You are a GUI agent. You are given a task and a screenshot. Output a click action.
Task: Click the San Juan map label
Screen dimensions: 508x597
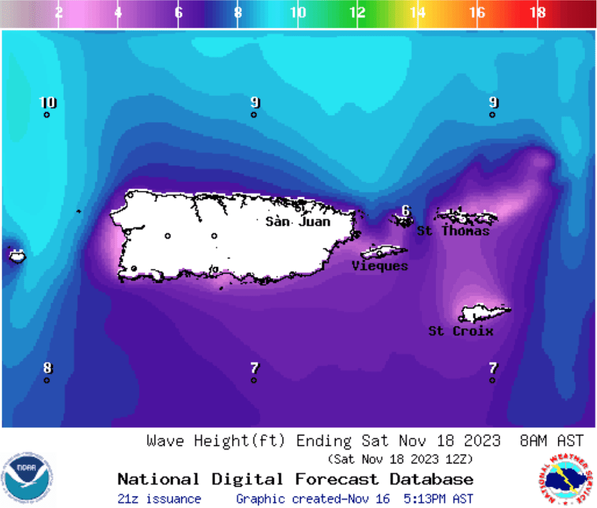(x=298, y=222)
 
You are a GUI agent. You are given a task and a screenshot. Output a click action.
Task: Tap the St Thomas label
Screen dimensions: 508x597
(x=453, y=231)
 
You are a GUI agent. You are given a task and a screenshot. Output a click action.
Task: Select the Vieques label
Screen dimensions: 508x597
(x=380, y=266)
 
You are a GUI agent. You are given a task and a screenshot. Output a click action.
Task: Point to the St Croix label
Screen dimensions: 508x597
(x=461, y=331)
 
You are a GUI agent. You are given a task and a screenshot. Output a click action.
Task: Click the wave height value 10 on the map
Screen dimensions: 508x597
(x=48, y=102)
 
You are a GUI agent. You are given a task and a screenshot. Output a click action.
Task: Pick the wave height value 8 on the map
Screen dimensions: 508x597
(x=48, y=368)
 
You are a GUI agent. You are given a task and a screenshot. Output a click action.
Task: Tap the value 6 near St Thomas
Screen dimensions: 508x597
(x=405, y=210)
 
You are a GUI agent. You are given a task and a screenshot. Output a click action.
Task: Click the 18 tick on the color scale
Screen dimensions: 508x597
(x=538, y=12)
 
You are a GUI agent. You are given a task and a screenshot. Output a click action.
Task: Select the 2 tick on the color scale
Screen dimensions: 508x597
(x=59, y=12)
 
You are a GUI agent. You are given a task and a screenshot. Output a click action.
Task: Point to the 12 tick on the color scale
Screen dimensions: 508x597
(x=357, y=12)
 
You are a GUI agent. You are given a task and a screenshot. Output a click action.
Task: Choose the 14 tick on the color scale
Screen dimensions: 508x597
(x=417, y=12)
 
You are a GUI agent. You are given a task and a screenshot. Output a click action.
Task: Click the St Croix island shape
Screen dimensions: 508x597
(x=484, y=312)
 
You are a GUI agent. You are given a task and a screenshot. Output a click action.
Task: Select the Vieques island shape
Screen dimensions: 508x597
(x=383, y=252)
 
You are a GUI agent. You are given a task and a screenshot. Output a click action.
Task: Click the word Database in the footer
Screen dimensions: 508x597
(x=431, y=480)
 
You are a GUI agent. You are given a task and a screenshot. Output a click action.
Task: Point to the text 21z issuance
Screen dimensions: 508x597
(x=159, y=499)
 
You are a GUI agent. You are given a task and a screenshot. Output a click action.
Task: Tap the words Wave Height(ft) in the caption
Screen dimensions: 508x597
(x=216, y=441)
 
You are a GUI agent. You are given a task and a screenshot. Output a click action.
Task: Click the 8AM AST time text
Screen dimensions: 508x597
(x=552, y=441)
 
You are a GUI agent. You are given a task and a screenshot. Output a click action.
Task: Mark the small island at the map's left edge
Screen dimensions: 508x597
(x=17, y=255)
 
